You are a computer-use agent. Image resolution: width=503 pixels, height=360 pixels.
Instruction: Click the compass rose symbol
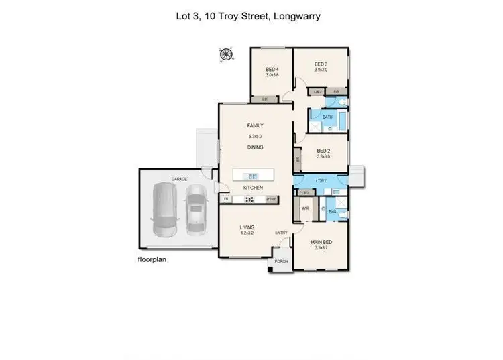225,55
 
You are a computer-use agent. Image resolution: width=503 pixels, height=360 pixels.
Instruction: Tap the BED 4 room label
272,70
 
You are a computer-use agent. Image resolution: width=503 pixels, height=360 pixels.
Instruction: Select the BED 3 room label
321,64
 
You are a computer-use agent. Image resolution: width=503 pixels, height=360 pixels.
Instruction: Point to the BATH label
327,117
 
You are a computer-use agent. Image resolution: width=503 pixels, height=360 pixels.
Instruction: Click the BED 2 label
323,151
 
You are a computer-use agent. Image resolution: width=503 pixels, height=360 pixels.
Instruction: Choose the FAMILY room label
255,125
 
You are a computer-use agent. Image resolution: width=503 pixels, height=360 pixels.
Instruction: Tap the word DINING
255,147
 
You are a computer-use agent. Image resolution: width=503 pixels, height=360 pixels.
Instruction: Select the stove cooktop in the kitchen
249,199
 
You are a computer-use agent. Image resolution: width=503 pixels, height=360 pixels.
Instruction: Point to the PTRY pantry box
272,199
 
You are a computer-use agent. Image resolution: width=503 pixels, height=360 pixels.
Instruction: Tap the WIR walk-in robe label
305,208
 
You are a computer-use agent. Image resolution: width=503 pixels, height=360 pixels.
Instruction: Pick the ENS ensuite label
332,212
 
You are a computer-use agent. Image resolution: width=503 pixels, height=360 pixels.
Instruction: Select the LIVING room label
247,228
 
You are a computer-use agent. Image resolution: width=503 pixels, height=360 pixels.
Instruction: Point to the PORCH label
281,261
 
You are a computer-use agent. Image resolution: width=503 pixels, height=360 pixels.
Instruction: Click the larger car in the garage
165,210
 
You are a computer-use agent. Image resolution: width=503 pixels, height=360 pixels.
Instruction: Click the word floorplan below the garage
152,257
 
